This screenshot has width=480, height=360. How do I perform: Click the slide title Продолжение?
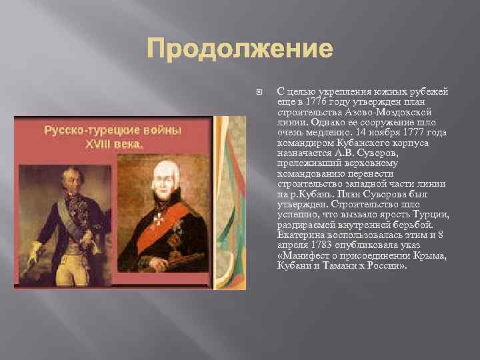[239, 49]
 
